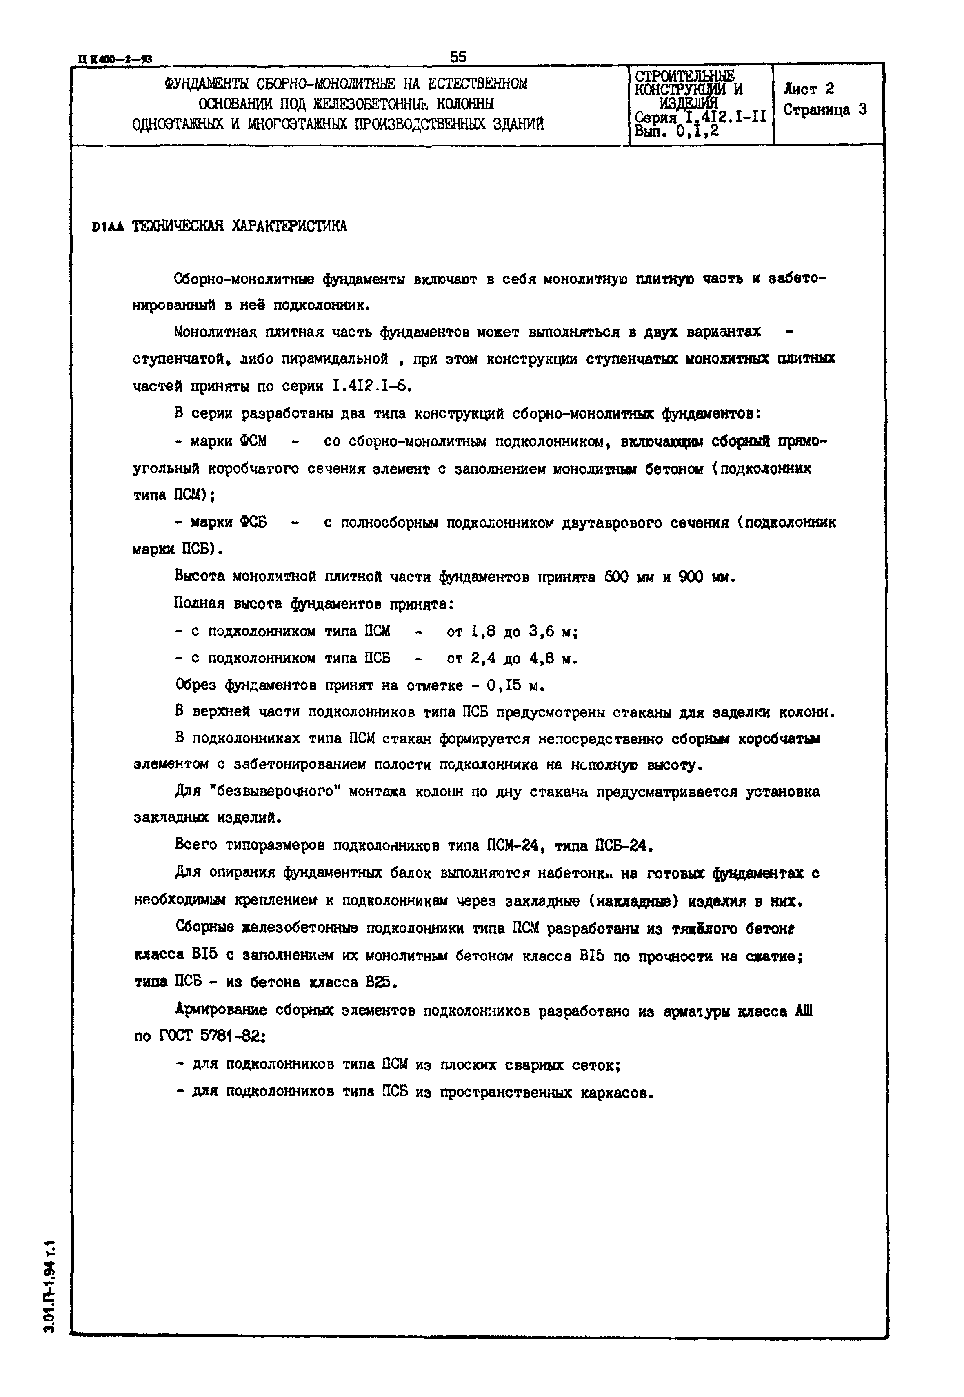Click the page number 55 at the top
(458, 56)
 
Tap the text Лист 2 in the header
(808, 89)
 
